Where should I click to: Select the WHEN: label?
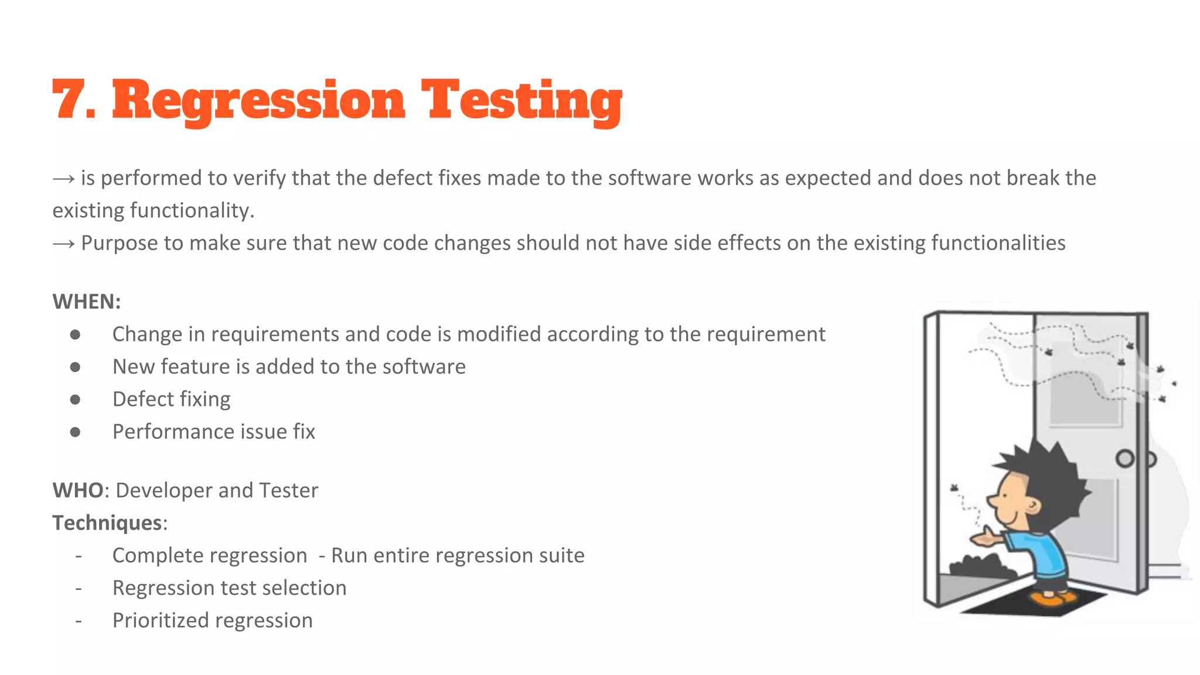tap(87, 302)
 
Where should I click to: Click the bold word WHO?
tap(78, 490)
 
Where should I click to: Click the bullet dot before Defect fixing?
tap(75, 400)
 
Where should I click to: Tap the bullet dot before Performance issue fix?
tap(75, 432)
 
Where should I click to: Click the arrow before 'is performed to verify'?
tap(63, 179)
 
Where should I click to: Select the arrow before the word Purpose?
tap(63, 244)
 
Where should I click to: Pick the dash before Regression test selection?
tap(79, 588)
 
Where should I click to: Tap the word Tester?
tap(288, 490)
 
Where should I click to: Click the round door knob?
tap(1124, 459)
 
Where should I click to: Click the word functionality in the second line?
tap(190, 211)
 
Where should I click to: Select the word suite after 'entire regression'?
tap(561, 555)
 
